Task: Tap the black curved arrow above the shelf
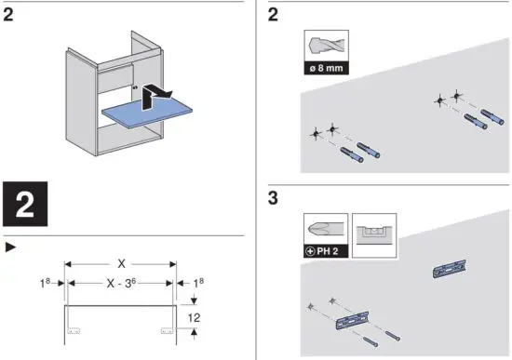(155, 95)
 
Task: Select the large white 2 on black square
(25, 204)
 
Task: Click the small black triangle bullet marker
(11, 247)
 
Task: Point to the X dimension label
(121, 263)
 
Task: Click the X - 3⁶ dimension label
(121, 283)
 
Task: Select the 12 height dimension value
(194, 317)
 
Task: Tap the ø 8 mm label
(326, 68)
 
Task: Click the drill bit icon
(326, 46)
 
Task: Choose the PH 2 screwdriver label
(326, 251)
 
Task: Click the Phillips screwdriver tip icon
(326, 229)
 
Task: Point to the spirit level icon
(374, 235)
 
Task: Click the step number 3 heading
(273, 198)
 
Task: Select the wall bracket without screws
(450, 269)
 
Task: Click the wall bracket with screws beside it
(353, 320)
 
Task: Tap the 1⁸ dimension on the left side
(45, 283)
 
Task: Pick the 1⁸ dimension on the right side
(198, 283)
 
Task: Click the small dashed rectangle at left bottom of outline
(74, 331)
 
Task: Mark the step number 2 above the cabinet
(8, 15)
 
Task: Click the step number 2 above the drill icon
(273, 15)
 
